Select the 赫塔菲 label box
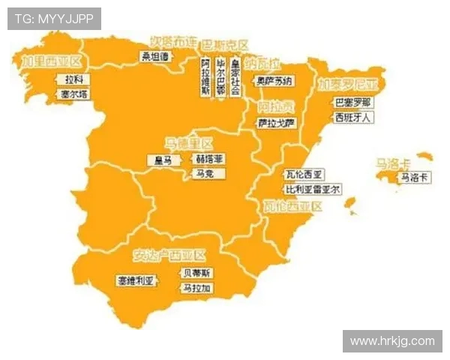(x=209, y=160)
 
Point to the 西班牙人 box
(x=352, y=118)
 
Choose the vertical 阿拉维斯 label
(x=205, y=77)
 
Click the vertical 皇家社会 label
(x=235, y=77)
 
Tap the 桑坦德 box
(x=157, y=55)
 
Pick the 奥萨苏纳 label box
(x=275, y=81)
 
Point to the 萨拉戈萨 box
(x=276, y=122)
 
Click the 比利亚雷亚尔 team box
(x=312, y=189)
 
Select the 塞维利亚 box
(x=136, y=281)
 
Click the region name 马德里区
(x=189, y=142)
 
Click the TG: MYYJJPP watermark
(x=54, y=19)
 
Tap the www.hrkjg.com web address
(x=392, y=341)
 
